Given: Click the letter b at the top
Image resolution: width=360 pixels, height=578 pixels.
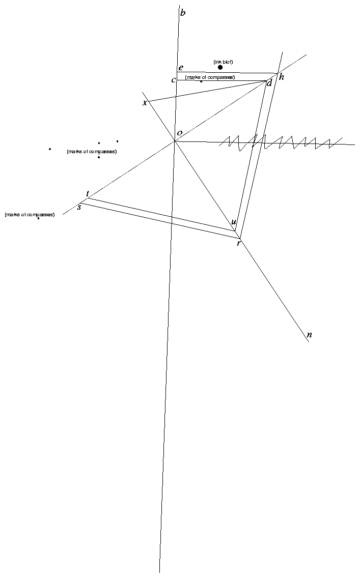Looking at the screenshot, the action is click(x=183, y=13).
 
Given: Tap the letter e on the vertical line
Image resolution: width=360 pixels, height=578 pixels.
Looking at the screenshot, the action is click(x=181, y=68).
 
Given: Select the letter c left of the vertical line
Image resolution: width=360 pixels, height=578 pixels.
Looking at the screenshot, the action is click(x=173, y=80).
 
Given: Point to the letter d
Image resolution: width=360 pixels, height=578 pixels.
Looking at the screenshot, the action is click(x=269, y=83).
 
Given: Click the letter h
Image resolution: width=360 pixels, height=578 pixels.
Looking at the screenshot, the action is click(x=282, y=77).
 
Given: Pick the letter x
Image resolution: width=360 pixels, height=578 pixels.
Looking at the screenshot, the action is click(x=145, y=102).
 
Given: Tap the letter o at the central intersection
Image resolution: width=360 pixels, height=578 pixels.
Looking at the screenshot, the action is click(x=180, y=133).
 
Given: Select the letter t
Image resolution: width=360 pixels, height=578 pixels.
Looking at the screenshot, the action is click(x=88, y=194).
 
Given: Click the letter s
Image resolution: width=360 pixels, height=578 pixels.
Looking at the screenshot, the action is click(x=79, y=207).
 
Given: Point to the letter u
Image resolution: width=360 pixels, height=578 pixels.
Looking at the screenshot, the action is click(x=234, y=222).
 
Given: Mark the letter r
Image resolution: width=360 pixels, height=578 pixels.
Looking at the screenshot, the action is click(x=239, y=243).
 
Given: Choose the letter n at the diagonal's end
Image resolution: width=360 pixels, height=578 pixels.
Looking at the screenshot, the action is click(x=310, y=335).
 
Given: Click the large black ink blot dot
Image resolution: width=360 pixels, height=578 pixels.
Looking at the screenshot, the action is click(x=220, y=68).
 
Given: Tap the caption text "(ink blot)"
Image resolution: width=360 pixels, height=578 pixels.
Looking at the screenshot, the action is click(x=223, y=62).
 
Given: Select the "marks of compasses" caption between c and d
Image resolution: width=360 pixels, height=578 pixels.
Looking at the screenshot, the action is click(x=210, y=77).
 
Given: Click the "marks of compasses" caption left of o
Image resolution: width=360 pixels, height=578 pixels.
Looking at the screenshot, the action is click(x=92, y=152).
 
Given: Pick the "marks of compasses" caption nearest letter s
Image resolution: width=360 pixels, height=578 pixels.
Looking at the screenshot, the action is click(x=30, y=215).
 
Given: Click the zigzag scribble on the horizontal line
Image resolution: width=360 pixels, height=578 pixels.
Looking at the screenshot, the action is click(x=280, y=143).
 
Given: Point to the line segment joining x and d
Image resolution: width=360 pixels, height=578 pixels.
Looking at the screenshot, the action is click(x=208, y=92).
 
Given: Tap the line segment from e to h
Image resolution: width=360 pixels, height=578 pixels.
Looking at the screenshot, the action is click(x=227, y=73).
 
